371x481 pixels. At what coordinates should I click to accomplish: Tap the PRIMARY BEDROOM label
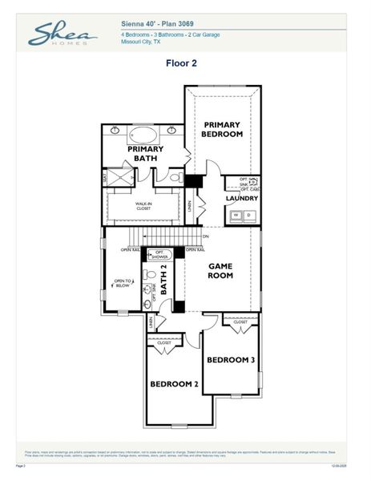point(223,129)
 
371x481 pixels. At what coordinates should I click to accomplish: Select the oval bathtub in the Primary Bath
point(145,132)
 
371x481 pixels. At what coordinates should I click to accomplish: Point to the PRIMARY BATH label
point(145,153)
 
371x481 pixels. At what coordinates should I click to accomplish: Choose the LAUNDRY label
point(241,198)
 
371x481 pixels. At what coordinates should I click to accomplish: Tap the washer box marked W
point(236,215)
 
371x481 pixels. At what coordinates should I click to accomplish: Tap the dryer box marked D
point(248,215)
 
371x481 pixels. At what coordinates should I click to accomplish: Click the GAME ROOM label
point(220,270)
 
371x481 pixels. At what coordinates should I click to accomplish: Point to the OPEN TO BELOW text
point(122,282)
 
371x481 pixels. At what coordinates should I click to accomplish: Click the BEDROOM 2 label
point(174,384)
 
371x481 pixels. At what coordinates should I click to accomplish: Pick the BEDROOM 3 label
point(231,360)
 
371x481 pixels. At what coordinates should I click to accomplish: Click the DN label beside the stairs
point(205,236)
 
